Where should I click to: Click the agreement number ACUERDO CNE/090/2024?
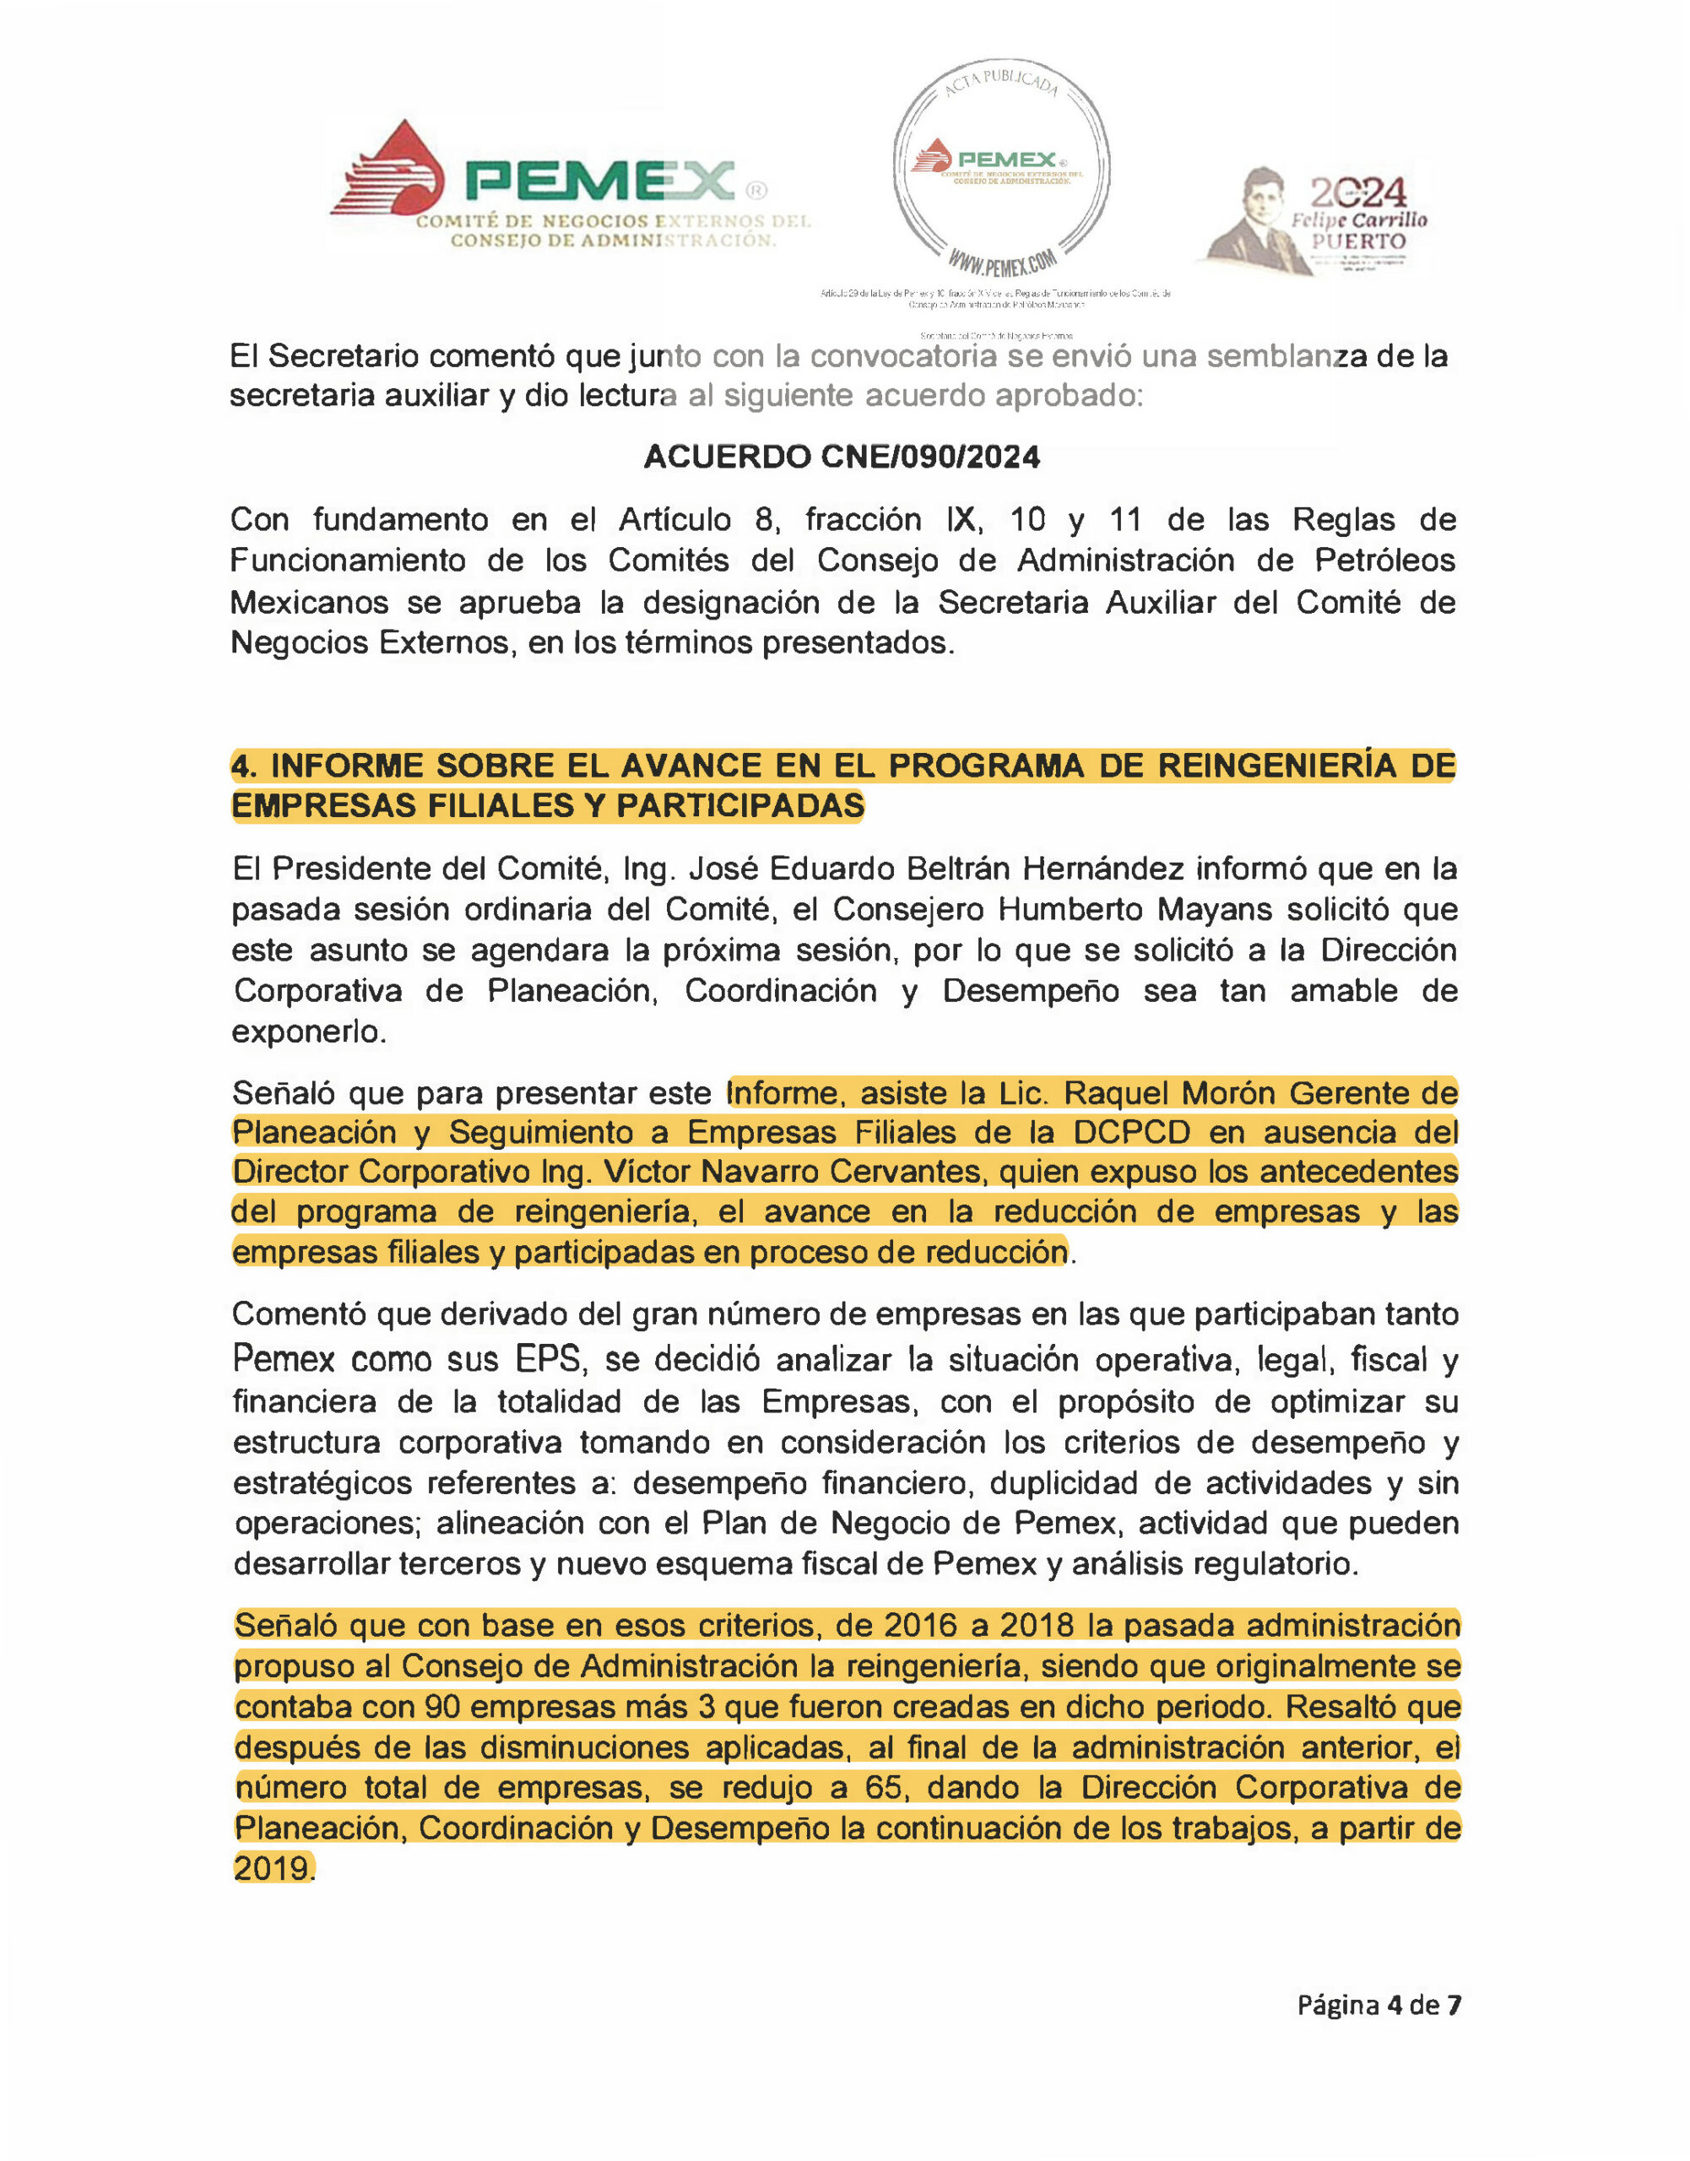click(841, 458)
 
